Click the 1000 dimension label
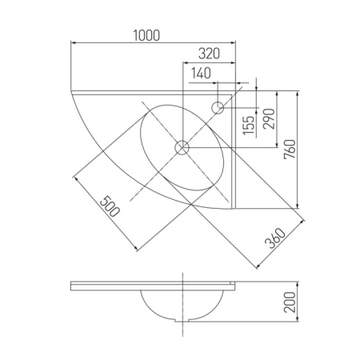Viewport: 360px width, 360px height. (146, 36)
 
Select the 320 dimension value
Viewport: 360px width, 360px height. (209, 54)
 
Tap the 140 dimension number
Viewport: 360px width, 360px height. (201, 73)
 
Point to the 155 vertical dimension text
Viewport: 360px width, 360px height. (249, 125)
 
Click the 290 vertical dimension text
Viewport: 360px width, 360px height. (269, 118)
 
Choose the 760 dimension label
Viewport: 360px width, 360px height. (290, 150)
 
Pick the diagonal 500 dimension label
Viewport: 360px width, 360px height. (110, 206)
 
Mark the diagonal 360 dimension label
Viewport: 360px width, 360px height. (275, 238)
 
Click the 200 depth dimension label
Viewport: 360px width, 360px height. (290, 302)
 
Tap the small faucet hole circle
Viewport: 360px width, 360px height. (218, 108)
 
